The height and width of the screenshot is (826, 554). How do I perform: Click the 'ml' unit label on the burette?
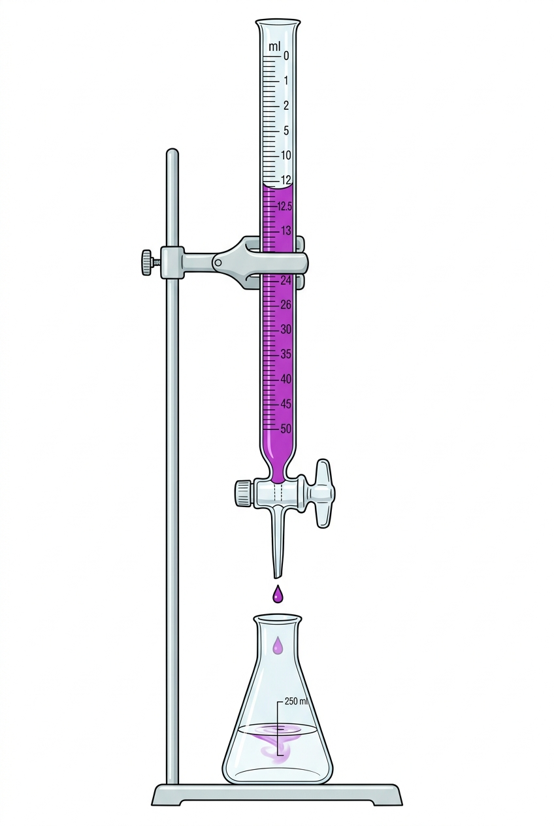[274, 47]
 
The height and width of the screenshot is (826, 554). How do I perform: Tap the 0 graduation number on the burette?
[286, 56]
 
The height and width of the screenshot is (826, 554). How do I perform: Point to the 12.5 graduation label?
[285, 206]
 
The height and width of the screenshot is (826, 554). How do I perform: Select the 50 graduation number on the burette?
[286, 429]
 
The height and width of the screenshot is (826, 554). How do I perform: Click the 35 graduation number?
[286, 354]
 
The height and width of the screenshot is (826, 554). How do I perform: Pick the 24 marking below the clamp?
[285, 281]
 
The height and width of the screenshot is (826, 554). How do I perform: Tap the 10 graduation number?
[286, 156]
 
